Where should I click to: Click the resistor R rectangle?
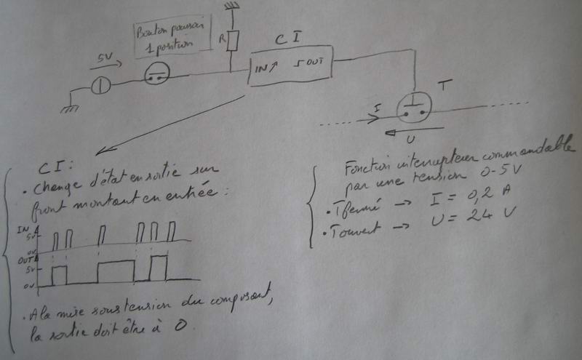point(231,41)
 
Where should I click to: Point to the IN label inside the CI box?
point(263,68)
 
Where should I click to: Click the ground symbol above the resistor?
point(231,9)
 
